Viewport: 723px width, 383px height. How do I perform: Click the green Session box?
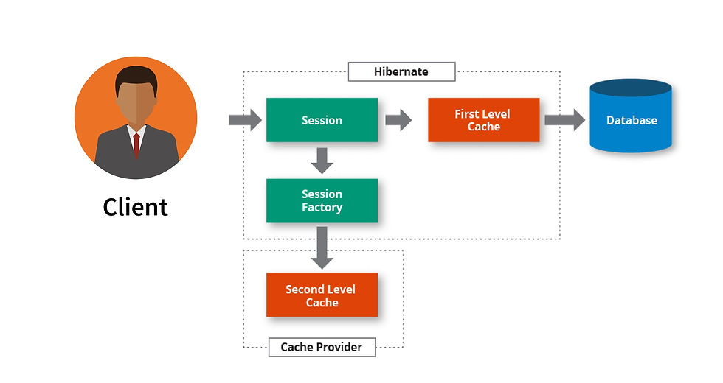coord(322,120)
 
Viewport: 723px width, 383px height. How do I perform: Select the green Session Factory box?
coord(322,200)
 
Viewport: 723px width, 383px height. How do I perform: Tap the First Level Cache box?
coord(483,120)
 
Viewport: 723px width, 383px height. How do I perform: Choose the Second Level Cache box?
coord(322,295)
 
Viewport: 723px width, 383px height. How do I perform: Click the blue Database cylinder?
coord(631,122)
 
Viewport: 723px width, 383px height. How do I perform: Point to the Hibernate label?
coord(401,71)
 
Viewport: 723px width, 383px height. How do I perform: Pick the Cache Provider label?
coord(322,347)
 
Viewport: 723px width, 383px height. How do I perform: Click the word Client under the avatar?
coord(136,207)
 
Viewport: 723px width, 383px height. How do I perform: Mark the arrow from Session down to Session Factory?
coord(322,160)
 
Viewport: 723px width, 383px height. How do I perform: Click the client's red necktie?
coord(136,144)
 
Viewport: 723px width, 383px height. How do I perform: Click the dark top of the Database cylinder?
coord(631,88)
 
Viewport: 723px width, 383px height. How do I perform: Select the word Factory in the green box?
coord(322,208)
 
